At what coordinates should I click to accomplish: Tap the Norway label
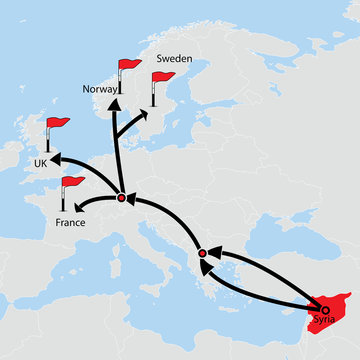coord(101,89)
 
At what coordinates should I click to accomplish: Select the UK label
coord(41,163)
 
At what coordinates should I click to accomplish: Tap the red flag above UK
coord(58,124)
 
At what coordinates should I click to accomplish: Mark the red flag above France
coord(73,183)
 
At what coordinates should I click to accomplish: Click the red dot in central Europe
coord(121,197)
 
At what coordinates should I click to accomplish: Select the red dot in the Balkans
coord(203,254)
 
